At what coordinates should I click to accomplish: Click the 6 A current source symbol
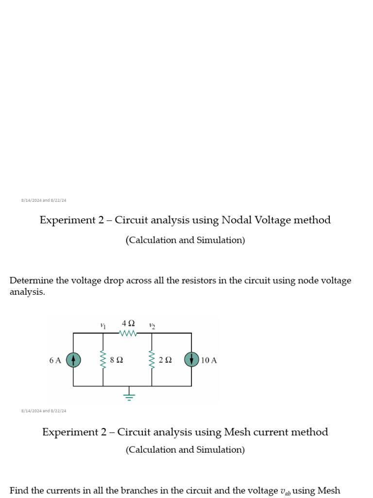tap(73, 360)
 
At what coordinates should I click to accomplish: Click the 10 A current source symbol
tap(191, 360)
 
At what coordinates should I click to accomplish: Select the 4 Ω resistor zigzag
tap(128, 334)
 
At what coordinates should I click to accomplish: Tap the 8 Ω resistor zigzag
tap(102, 360)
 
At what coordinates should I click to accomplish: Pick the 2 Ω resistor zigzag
tap(152, 360)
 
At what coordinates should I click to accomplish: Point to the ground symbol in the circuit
tap(129, 395)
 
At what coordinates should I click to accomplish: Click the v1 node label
tap(102, 326)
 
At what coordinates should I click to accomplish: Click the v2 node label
tap(152, 326)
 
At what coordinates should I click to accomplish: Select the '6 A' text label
tap(55, 360)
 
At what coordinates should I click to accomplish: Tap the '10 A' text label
tap(209, 360)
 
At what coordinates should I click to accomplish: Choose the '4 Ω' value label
tap(128, 323)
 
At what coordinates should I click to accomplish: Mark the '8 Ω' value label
tap(117, 360)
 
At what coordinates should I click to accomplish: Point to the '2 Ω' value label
tap(165, 360)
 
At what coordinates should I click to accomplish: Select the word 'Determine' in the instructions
tap(31, 281)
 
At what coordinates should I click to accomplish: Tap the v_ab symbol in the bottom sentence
tap(285, 491)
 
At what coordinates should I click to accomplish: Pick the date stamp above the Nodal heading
tap(44, 200)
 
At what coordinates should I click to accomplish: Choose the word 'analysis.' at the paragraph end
tap(27, 292)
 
